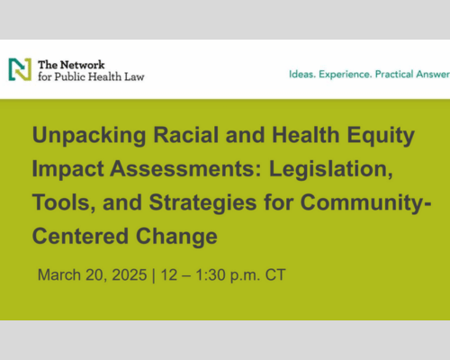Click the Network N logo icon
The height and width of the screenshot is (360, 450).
click(x=20, y=69)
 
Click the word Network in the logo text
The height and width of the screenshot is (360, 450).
click(x=84, y=65)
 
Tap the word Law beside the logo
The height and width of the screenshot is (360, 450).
click(x=134, y=76)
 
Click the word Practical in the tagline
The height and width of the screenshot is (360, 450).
click(x=392, y=74)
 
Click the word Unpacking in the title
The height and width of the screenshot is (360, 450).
click(x=89, y=135)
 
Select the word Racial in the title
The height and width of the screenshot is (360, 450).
click(x=186, y=135)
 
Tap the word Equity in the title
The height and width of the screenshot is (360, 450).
click(x=381, y=135)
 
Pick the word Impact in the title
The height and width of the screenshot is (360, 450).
click(x=67, y=169)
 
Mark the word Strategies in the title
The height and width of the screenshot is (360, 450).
click(x=202, y=202)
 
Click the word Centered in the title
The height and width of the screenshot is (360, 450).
click(x=80, y=236)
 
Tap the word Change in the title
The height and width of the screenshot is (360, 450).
click(x=176, y=236)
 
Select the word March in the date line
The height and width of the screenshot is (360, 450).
click(x=59, y=274)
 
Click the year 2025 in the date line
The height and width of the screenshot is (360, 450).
click(x=130, y=274)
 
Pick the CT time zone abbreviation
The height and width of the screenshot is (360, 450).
click(x=275, y=274)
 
